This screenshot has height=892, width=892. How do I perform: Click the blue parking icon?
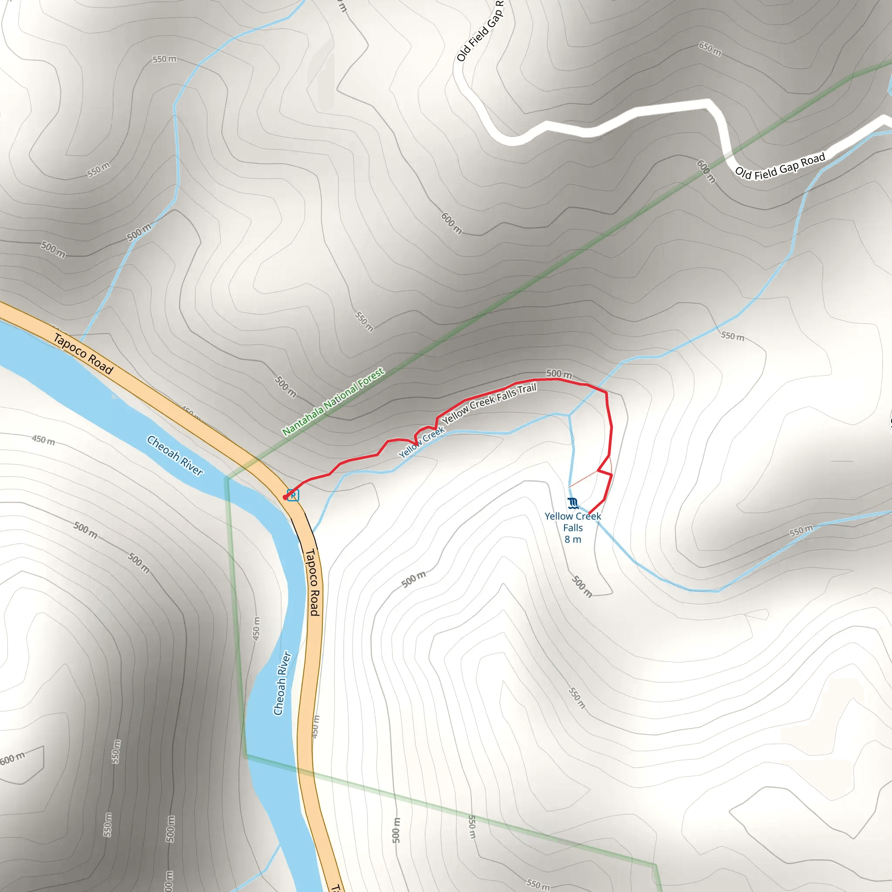coord(293,495)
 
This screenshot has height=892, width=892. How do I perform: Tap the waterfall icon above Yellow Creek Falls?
coord(573,503)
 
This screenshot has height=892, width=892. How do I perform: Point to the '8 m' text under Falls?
coord(573,539)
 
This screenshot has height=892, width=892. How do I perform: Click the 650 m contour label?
coord(710,48)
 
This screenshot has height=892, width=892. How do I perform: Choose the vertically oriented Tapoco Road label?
coord(313,582)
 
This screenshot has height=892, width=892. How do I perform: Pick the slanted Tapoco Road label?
coord(83,354)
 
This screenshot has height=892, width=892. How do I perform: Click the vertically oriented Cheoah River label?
coord(282,683)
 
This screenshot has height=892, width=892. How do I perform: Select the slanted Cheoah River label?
coord(175,455)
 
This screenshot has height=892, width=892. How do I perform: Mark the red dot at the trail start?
coord(285,497)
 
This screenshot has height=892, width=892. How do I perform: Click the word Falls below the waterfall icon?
coord(573,528)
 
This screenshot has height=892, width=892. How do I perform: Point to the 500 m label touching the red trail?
coord(559,374)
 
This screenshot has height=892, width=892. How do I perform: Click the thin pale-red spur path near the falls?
coord(585,479)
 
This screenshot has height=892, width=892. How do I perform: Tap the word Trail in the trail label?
coord(527,389)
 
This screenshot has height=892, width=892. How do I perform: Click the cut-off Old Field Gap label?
coord(480,30)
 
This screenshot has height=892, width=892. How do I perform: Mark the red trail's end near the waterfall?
coord(590,513)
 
